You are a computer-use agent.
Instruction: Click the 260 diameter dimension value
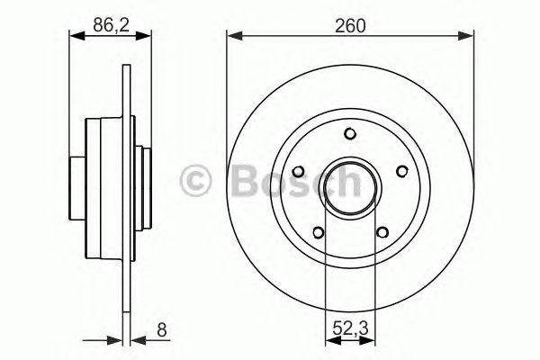(350, 26)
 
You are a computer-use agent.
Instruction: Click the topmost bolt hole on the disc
(349, 135)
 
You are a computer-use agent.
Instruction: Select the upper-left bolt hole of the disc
(299, 172)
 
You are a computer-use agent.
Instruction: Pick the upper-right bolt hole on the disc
(400, 172)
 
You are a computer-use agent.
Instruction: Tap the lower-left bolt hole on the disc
(319, 232)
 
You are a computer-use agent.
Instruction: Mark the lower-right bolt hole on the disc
(381, 232)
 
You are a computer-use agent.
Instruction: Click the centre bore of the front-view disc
(349, 189)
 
